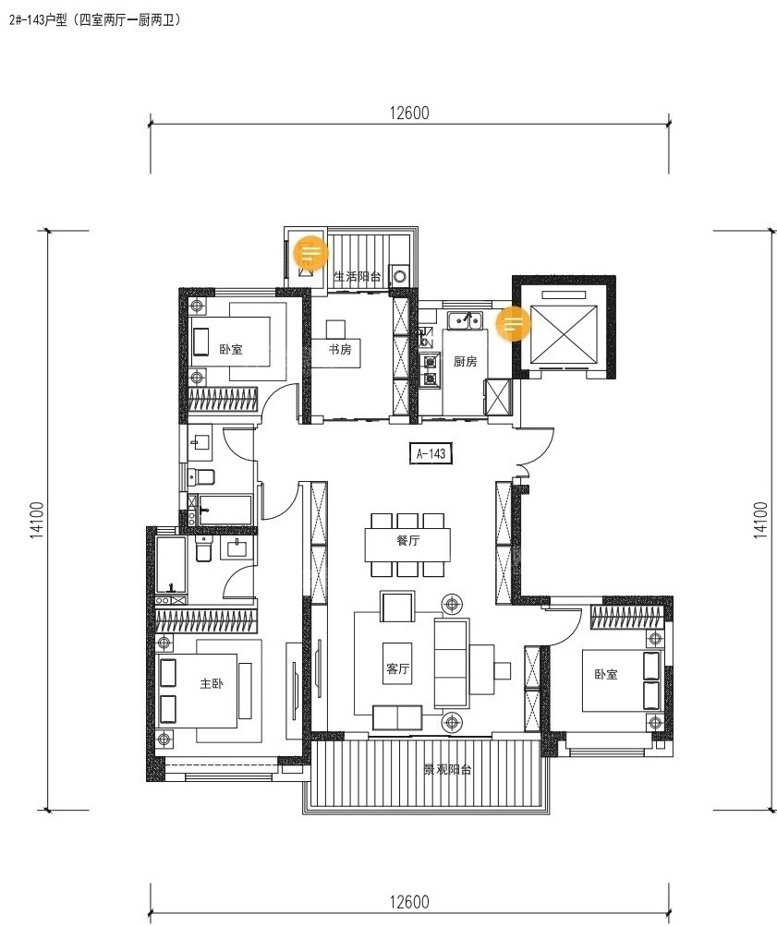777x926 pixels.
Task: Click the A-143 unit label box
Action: (431, 453)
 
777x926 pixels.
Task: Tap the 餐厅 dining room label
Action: (408, 540)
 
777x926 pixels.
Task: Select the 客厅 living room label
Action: (397, 668)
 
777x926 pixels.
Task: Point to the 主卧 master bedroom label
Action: (212, 683)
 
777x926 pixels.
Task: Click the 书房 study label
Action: (340, 349)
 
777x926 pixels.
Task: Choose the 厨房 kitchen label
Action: (465, 361)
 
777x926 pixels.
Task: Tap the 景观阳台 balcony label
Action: (447, 769)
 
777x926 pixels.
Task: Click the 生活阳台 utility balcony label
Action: (358, 276)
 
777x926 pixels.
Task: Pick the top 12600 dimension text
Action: (409, 113)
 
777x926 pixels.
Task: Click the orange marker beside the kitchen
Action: (513, 323)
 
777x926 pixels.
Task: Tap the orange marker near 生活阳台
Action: (310, 253)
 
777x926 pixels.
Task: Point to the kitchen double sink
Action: (464, 320)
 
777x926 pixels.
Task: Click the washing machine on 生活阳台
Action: (401, 276)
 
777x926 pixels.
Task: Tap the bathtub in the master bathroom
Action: (171, 565)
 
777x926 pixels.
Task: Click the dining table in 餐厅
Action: (407, 545)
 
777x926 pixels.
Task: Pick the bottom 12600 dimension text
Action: (409, 902)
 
